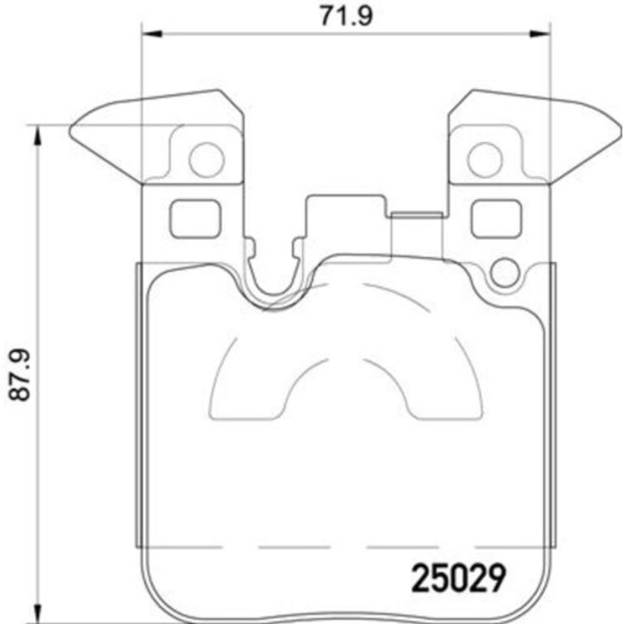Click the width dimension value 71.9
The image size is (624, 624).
point(346,14)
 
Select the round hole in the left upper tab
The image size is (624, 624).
point(206,160)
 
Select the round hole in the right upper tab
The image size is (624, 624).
point(484,160)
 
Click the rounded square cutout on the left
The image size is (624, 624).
point(195,218)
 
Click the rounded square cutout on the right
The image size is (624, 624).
point(496,218)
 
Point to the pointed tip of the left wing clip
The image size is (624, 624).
point(71,131)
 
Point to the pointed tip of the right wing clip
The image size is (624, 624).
point(619,132)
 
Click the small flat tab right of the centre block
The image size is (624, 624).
point(417,215)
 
